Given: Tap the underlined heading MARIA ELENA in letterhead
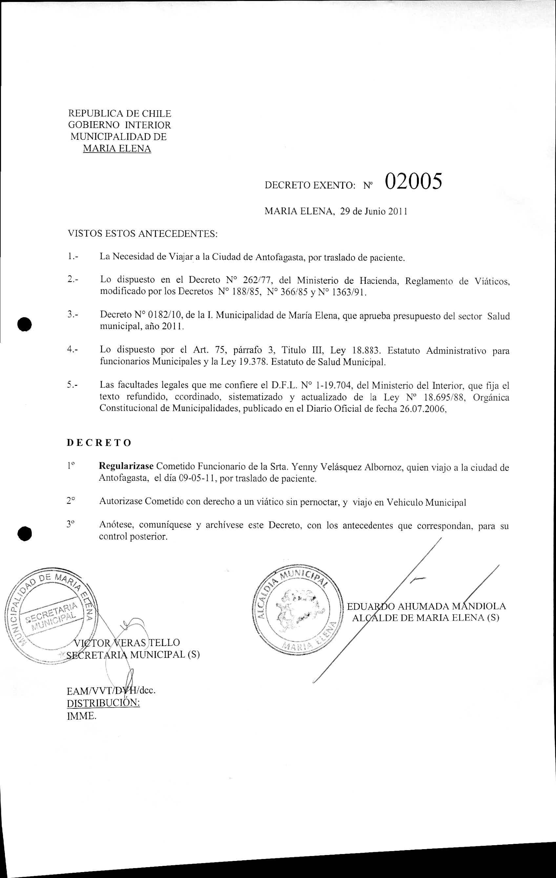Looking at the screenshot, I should coord(117,148).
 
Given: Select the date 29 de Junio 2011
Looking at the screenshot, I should coord(373,212).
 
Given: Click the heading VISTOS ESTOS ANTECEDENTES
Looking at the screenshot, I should coord(143,234).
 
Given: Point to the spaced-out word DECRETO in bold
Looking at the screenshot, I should coord(99,443).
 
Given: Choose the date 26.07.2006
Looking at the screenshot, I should coord(423,409).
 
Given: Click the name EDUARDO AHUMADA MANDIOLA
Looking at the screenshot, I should coord(426,606).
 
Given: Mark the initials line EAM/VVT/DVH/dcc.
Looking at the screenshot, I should coord(112,691).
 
